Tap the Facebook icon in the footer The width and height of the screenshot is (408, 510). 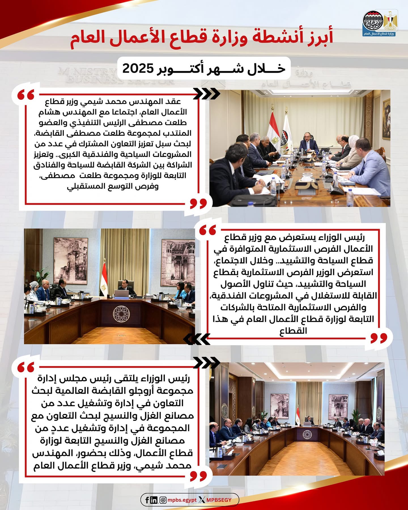click(x=147, y=500)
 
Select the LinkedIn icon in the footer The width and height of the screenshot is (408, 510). click(x=154, y=500)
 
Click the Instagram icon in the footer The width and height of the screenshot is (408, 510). click(x=163, y=500)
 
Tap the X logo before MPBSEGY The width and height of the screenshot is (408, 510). click(x=202, y=500)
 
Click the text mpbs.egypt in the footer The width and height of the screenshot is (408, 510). click(x=182, y=500)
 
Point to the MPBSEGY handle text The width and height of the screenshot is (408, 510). click(x=219, y=500)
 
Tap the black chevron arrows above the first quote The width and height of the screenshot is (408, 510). click(x=207, y=94)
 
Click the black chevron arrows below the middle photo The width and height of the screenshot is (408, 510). click(x=197, y=339)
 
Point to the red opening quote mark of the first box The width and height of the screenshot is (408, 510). click(x=26, y=95)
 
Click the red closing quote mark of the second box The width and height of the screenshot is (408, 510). click(x=379, y=338)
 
